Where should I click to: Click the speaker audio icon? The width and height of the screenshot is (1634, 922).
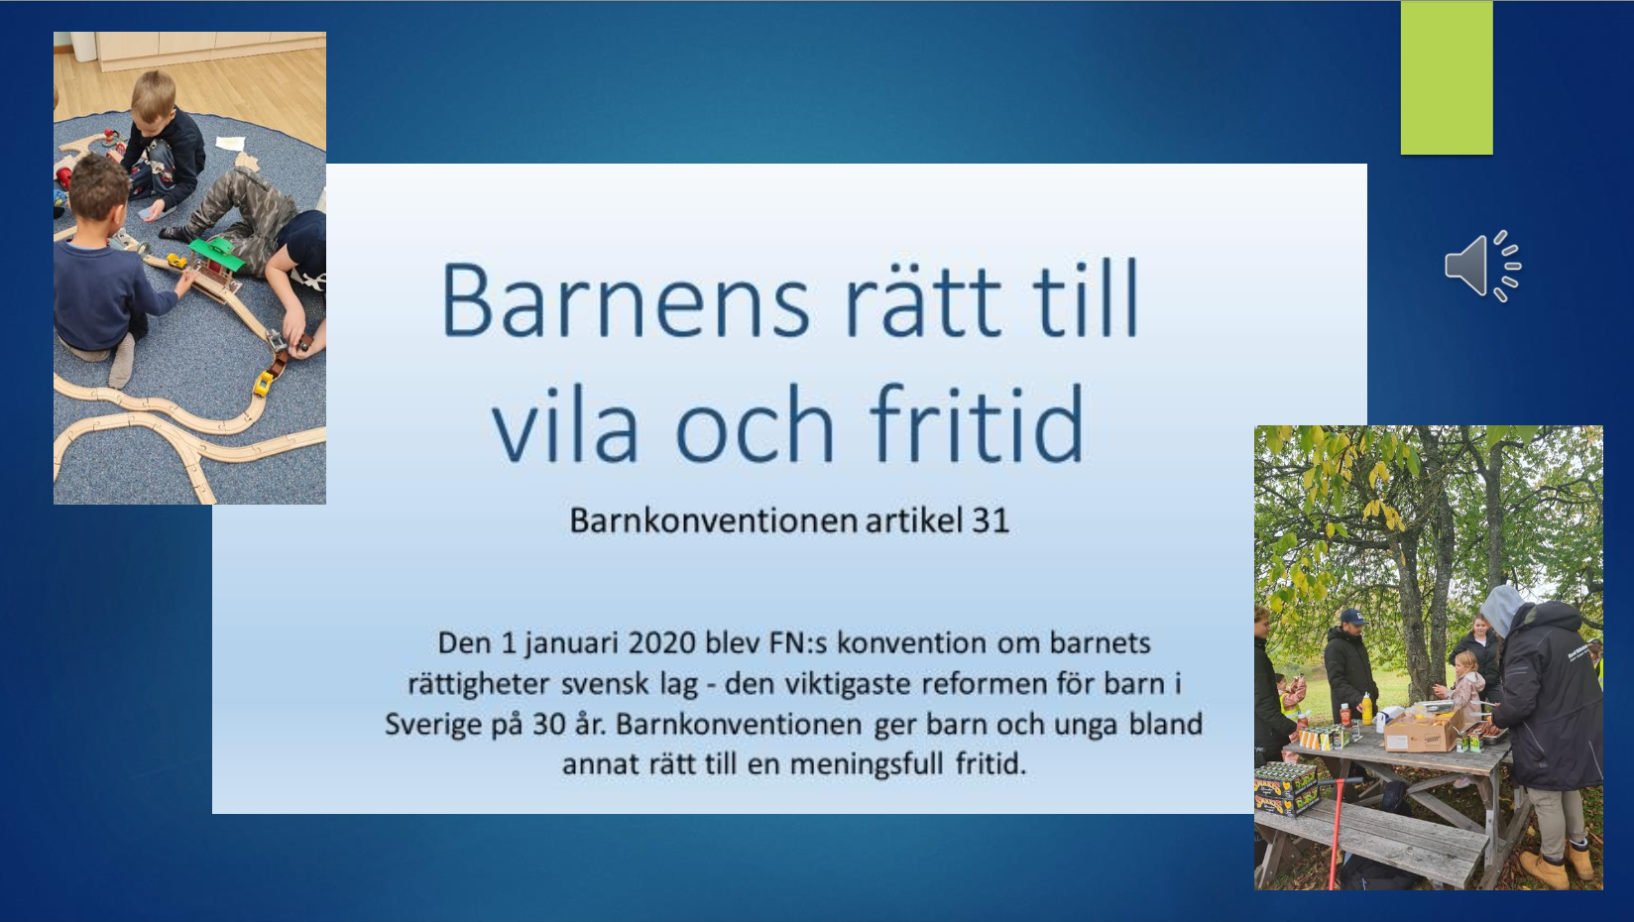(1482, 267)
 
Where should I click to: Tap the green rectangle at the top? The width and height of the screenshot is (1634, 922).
(1447, 77)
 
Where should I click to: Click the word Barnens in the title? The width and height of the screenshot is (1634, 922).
(626, 300)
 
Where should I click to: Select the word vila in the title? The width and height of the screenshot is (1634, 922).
(565, 423)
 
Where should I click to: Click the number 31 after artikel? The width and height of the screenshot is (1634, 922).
(991, 520)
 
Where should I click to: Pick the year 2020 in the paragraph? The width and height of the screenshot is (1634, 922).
(661, 643)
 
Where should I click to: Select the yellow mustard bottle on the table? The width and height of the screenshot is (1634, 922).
(1367, 709)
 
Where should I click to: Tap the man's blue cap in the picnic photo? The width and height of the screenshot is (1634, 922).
(1351, 617)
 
